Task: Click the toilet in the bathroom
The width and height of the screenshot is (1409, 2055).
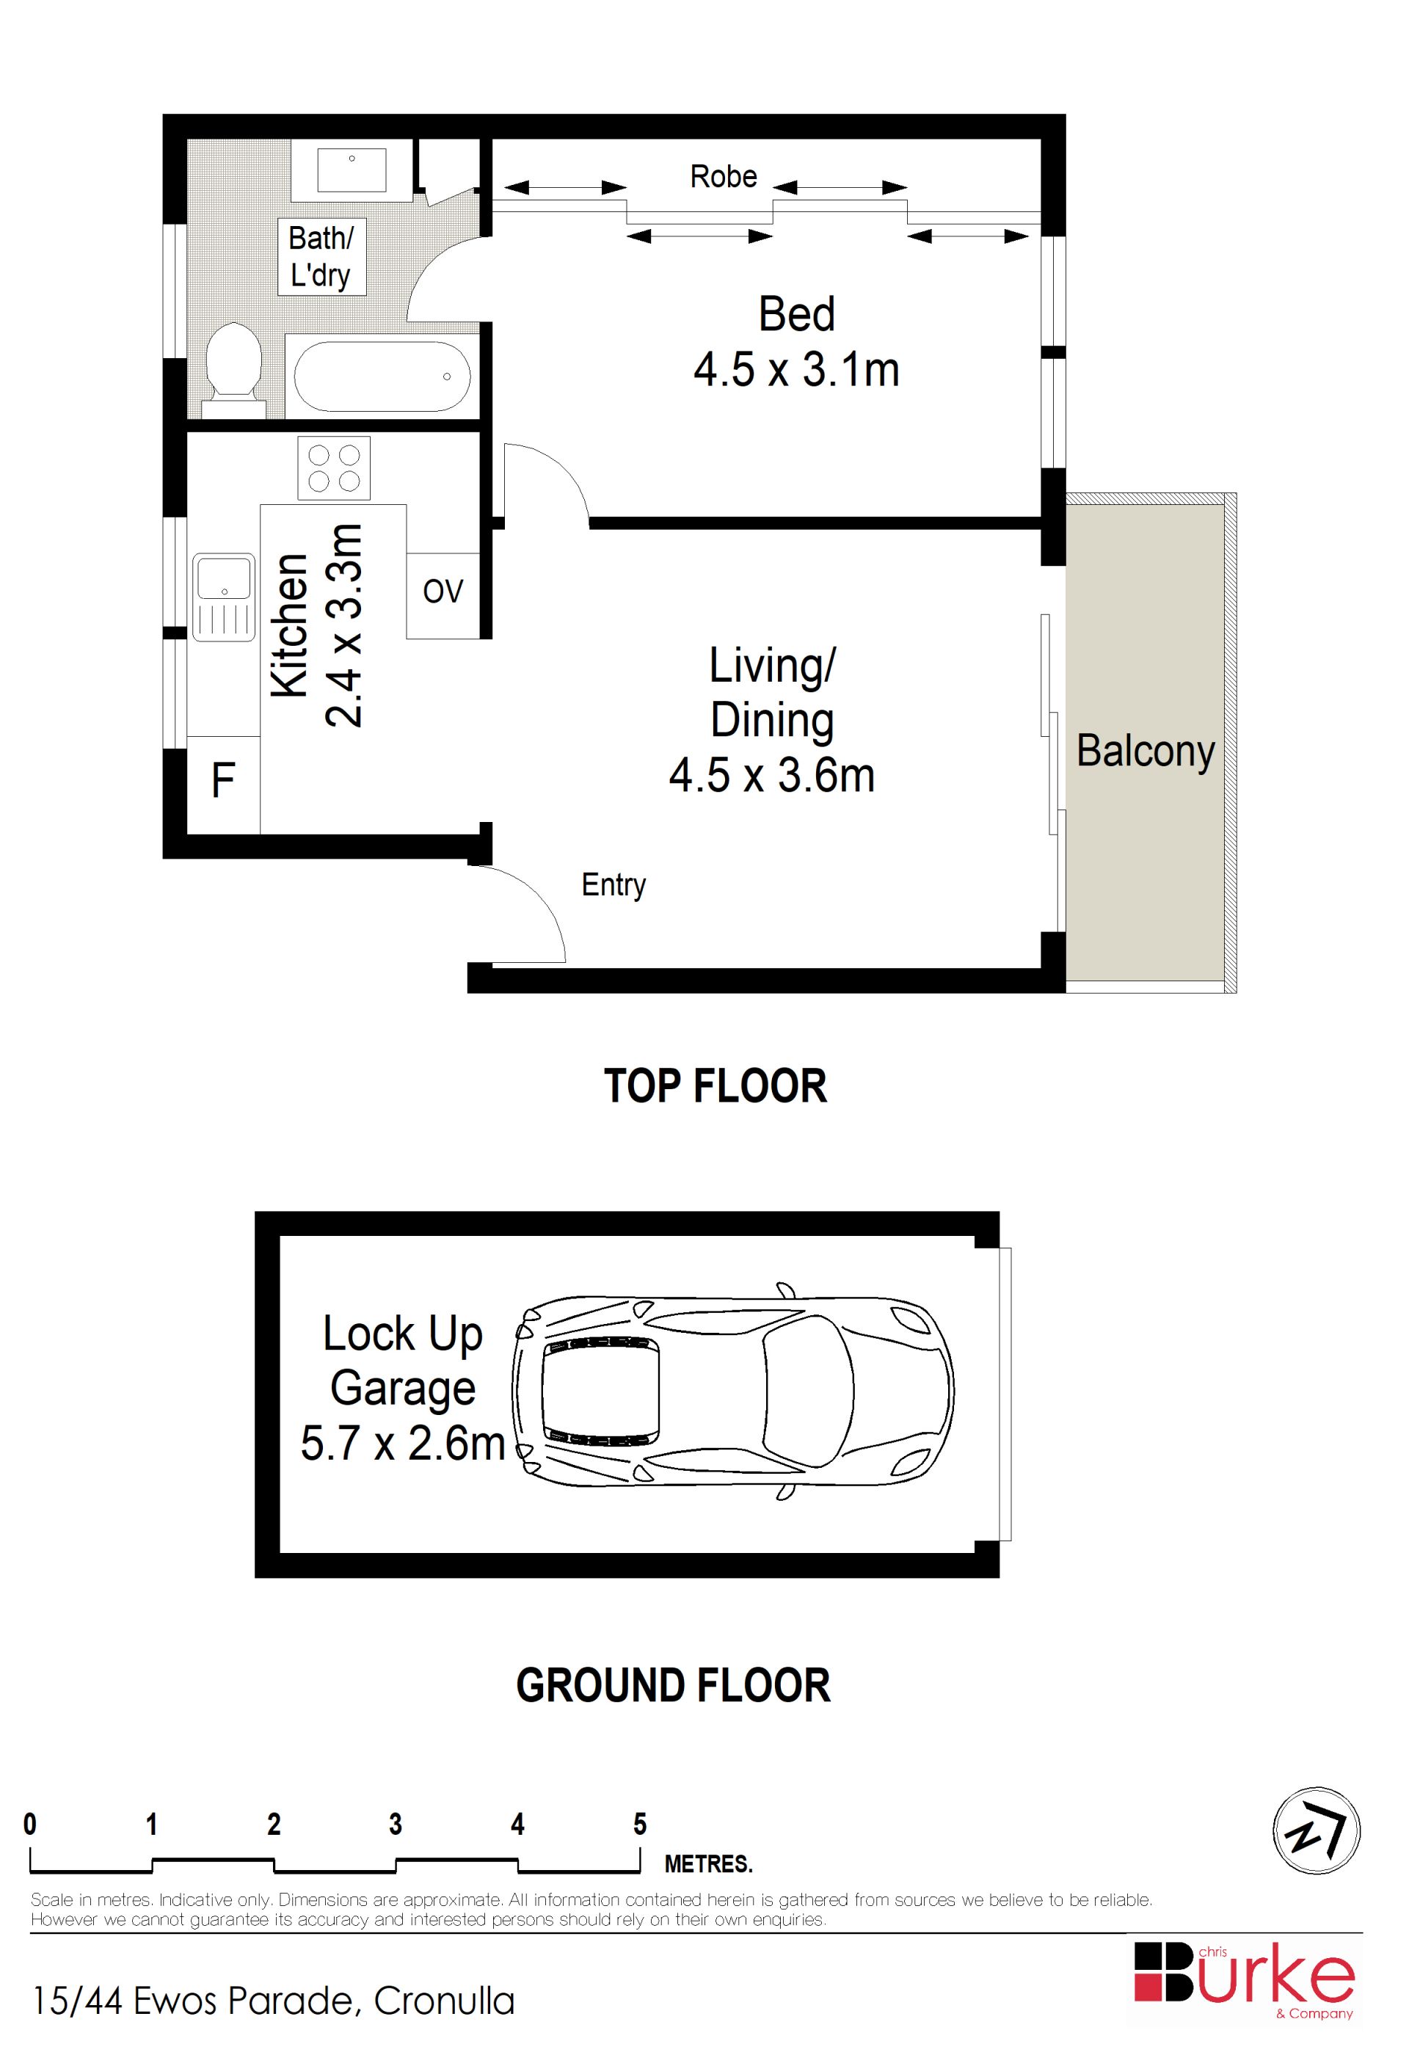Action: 234,371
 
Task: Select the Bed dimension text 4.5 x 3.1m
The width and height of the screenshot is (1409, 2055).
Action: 796,370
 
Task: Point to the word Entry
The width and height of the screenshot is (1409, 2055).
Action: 614,885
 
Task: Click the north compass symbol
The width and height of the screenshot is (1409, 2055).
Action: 1317,1830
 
